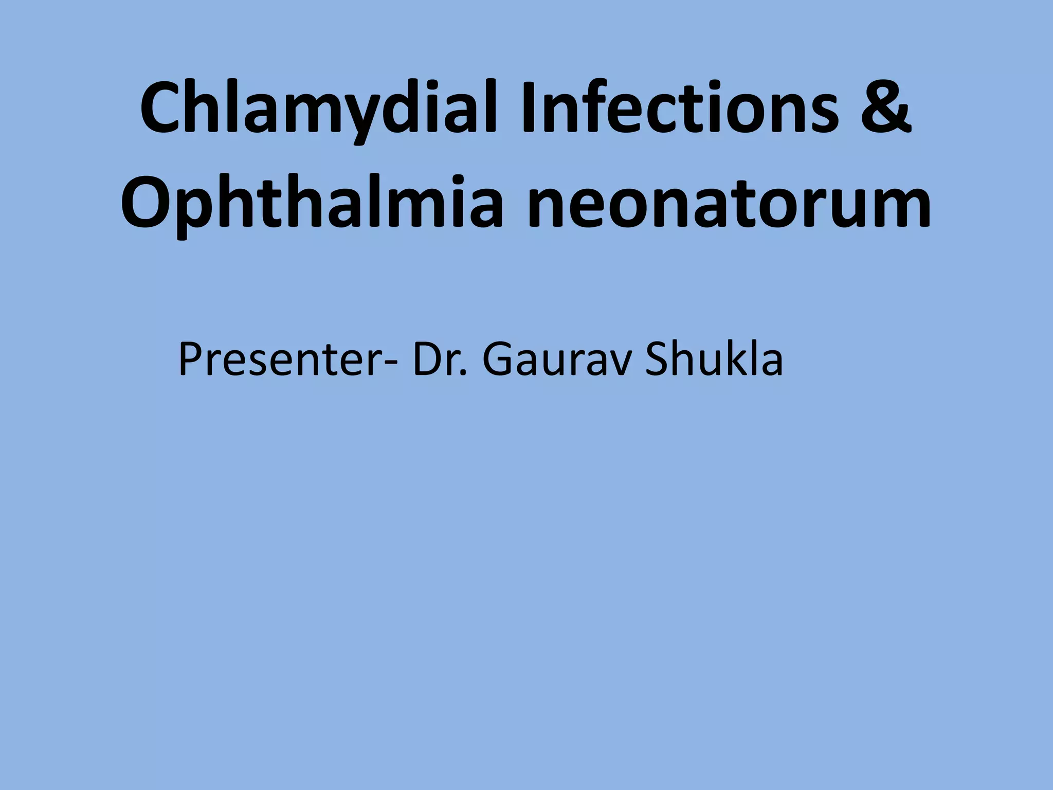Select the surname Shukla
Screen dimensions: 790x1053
(x=715, y=360)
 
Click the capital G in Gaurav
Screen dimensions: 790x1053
(x=497, y=360)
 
